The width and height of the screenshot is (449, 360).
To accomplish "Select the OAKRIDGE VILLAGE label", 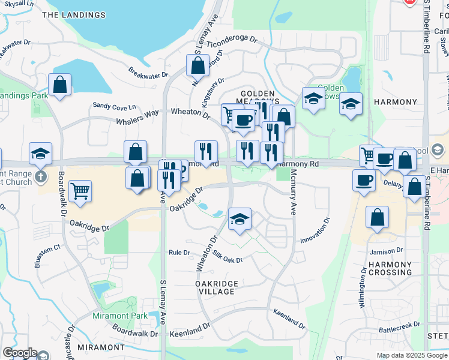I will tap(217, 287).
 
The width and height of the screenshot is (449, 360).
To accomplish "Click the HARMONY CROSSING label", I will tap(390, 268).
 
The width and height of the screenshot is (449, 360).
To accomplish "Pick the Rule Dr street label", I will tap(179, 253).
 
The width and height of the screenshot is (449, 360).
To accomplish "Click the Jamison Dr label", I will tap(387, 251).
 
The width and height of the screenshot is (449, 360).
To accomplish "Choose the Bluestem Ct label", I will tap(48, 247).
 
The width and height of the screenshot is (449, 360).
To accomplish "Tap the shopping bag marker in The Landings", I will tap(59, 85).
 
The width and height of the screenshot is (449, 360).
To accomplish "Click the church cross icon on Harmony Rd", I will tap(40, 176).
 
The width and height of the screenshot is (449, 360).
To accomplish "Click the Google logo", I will tap(20, 353).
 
